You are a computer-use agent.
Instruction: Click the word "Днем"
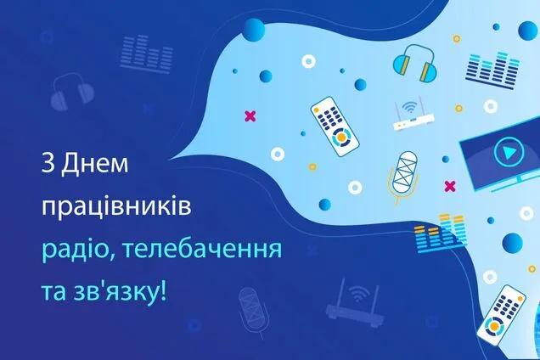tap(95, 164)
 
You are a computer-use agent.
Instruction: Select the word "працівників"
tap(116, 208)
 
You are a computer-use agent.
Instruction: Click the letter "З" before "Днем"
tap(48, 164)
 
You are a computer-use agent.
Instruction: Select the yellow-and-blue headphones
tap(415, 63)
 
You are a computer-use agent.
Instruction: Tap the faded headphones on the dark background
tap(72, 92)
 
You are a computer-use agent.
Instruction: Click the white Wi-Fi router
tap(413, 115)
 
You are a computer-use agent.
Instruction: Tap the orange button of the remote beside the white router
tap(341, 137)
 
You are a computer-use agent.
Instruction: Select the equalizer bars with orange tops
tap(441, 233)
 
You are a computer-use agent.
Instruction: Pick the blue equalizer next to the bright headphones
tap(492, 70)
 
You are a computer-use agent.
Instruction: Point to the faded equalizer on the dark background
tap(147, 54)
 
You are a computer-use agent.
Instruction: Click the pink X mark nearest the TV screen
tap(449, 187)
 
